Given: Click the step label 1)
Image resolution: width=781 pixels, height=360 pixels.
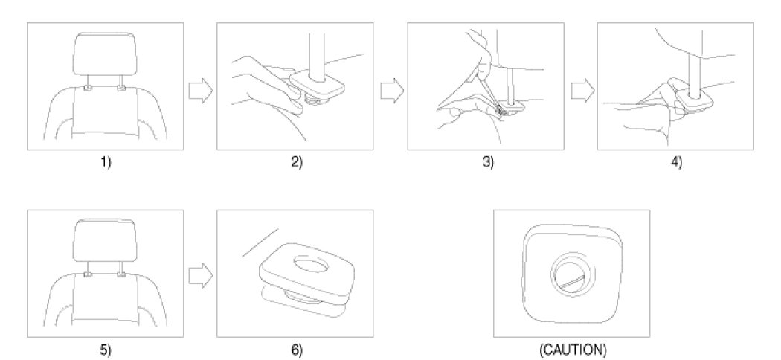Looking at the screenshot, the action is (106, 164).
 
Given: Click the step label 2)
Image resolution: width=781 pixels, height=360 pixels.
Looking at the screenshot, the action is (296, 164).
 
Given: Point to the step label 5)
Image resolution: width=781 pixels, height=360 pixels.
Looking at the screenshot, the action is (106, 350).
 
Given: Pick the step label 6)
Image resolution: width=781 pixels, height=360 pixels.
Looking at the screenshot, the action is (296, 350).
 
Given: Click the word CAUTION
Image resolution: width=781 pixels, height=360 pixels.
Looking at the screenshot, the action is (571, 350).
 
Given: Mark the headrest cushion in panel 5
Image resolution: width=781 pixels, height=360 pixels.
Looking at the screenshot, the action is (106, 240).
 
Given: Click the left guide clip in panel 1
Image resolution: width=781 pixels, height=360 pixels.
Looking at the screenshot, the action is (89, 89).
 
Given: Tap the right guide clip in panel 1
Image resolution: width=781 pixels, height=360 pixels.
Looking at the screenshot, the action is (121, 89).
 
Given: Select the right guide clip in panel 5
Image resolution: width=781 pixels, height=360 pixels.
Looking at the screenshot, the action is (121, 274).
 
